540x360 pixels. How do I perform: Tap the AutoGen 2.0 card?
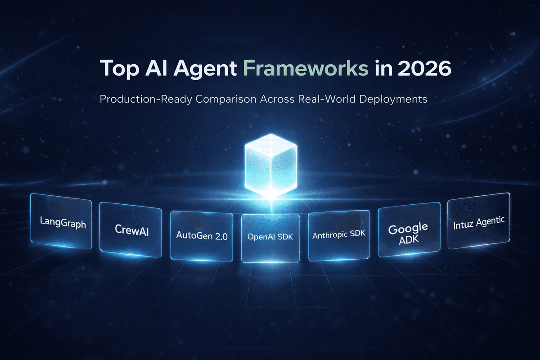(202, 236)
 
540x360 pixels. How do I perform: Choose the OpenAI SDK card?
(270, 237)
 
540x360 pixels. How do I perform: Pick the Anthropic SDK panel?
(338, 235)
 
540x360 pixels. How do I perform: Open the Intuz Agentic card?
(479, 221)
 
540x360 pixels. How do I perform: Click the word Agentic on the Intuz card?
(490, 221)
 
